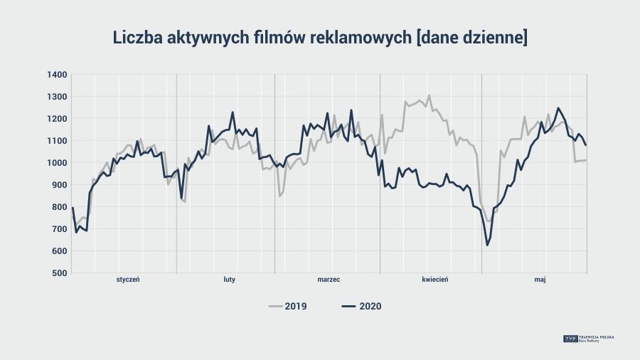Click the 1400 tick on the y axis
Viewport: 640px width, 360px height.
point(58,75)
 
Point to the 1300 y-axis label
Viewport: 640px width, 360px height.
point(58,97)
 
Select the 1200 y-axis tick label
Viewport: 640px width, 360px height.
point(58,119)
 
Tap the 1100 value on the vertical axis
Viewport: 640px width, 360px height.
point(58,141)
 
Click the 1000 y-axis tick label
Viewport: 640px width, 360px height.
point(58,163)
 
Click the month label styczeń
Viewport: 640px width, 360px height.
point(128,280)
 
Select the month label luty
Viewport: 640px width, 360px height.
point(229,280)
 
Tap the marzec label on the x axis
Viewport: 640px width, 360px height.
point(329,280)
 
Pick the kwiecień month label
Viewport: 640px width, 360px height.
point(434,280)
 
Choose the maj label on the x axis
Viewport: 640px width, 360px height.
point(540,280)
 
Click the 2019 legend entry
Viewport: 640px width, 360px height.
point(287,307)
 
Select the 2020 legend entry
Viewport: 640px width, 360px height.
point(361,307)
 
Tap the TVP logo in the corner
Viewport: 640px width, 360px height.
point(570,339)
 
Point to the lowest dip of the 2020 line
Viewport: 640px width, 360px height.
point(487,245)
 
